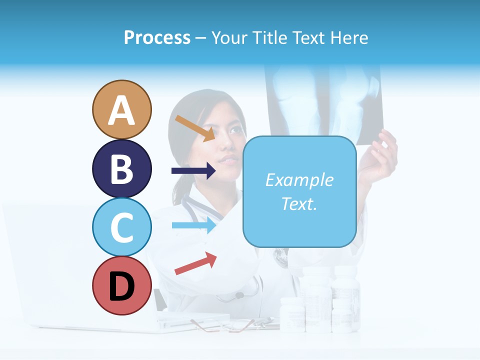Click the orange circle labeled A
point(121,109)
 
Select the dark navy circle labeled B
point(121,168)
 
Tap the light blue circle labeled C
point(121,227)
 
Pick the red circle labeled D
point(121,286)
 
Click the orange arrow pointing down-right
point(195,128)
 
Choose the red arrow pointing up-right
point(195,263)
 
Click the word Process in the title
point(157,37)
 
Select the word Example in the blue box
point(299,180)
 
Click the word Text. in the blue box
point(299,203)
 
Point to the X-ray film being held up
point(325,100)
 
